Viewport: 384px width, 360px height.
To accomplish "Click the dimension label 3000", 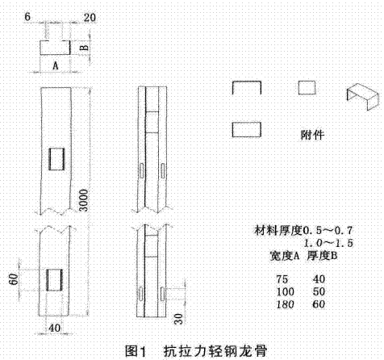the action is (x=84, y=200).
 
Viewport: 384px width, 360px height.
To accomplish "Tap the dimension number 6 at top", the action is (x=27, y=17).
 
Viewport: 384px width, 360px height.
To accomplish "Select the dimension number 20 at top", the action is (x=90, y=18).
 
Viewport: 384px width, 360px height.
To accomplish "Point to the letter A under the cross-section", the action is (x=55, y=65).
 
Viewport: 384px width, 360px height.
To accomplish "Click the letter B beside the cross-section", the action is (x=84, y=48).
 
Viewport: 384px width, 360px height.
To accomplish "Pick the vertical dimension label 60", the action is (x=14, y=279).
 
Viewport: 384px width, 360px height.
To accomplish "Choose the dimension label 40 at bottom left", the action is (x=55, y=328).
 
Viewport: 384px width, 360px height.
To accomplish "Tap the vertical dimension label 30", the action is (x=178, y=319).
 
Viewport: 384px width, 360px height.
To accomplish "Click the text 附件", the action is (x=312, y=135).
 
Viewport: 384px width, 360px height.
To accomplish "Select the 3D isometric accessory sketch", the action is (x=362, y=96).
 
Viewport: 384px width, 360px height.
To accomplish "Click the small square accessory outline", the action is (x=307, y=88).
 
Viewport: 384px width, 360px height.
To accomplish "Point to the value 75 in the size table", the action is (x=282, y=279).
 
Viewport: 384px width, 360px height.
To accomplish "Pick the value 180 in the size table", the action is (x=285, y=304).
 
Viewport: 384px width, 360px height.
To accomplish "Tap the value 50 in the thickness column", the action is (x=319, y=292).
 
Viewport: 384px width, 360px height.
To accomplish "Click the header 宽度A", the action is (x=285, y=256).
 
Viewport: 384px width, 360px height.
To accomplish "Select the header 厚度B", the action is (x=322, y=256).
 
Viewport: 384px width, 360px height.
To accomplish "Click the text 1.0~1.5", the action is (x=328, y=244).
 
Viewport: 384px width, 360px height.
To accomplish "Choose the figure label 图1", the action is (x=136, y=351).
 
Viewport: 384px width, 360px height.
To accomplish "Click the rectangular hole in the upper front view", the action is (x=56, y=159).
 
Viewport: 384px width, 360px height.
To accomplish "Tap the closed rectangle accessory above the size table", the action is (x=247, y=129).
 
